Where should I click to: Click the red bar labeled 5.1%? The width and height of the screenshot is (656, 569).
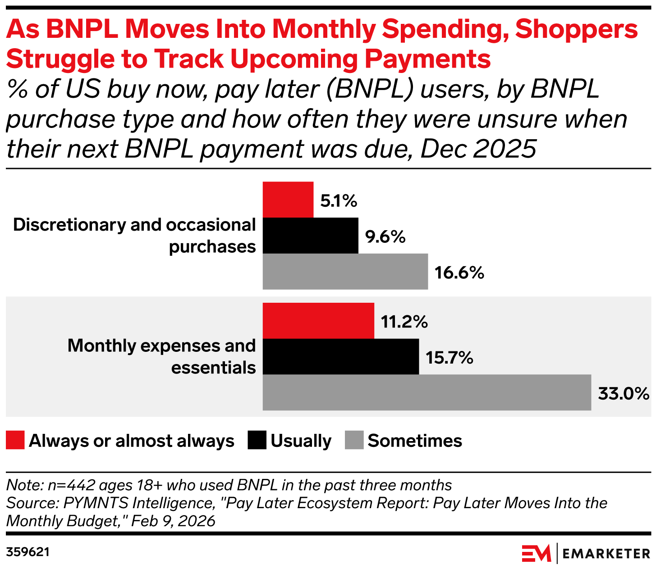288,200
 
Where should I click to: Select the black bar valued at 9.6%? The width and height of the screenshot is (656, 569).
310,236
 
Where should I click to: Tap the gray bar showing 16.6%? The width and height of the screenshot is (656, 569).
345,271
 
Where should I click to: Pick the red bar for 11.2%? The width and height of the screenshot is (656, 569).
318,321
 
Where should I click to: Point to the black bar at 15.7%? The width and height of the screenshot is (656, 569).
340,356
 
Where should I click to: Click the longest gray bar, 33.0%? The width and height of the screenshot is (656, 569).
427,392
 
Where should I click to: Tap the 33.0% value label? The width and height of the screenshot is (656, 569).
623,394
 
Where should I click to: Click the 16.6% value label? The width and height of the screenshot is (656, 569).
459,273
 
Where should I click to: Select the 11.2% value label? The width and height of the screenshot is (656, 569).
404,322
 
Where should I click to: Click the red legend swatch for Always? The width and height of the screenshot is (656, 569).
15,440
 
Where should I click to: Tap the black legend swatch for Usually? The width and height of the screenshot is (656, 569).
257,440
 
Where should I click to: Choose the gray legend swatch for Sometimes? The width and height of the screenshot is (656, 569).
354,440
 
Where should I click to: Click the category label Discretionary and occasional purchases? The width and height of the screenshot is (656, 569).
134,236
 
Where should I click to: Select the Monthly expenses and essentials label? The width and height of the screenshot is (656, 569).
161,356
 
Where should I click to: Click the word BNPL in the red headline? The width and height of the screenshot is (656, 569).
84,30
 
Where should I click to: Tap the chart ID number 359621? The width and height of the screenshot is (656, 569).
28,552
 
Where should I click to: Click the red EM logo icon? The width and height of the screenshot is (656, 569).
537,553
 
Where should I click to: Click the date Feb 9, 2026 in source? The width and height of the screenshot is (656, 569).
174,521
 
